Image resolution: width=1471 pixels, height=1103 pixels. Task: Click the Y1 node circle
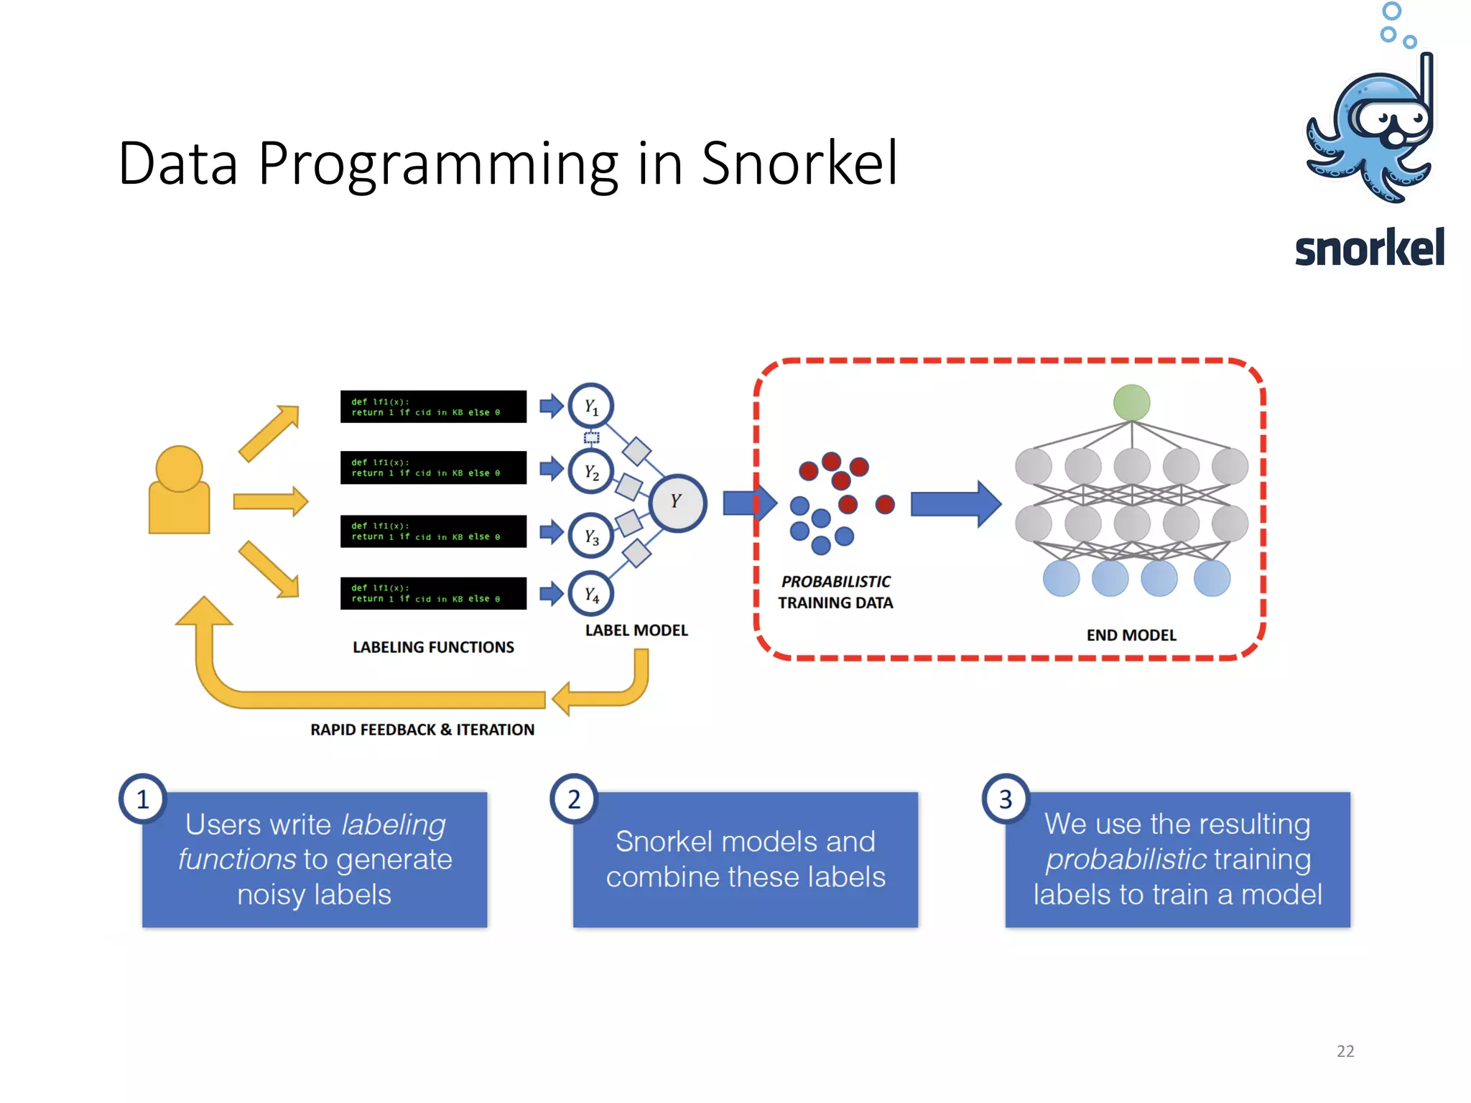(590, 406)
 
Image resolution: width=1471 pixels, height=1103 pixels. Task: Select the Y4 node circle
(590, 594)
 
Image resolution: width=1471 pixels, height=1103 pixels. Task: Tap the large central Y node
(677, 502)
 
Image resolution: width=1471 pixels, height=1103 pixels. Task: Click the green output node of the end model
(1131, 402)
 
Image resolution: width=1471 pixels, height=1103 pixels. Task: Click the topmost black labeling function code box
(433, 407)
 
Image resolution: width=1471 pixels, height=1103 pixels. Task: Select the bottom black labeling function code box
(433, 593)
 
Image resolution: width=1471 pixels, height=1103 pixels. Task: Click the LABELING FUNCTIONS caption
(433, 647)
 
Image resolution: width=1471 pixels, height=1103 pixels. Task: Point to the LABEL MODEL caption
(636, 630)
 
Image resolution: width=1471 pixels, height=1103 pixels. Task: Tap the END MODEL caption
(1131, 635)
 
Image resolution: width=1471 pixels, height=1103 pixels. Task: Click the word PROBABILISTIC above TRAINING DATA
(835, 581)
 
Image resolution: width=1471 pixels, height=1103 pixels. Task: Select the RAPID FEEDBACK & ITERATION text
(422, 730)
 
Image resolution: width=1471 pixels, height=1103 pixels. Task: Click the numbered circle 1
(143, 799)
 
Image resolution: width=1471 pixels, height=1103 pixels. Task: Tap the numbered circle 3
(1006, 799)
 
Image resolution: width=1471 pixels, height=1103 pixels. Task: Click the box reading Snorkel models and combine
(746, 860)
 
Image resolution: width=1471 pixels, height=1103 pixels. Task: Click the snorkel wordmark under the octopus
(1369, 248)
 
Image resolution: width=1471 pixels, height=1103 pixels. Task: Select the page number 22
(1345, 1051)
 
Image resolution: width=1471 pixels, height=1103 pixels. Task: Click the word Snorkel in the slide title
(799, 164)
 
